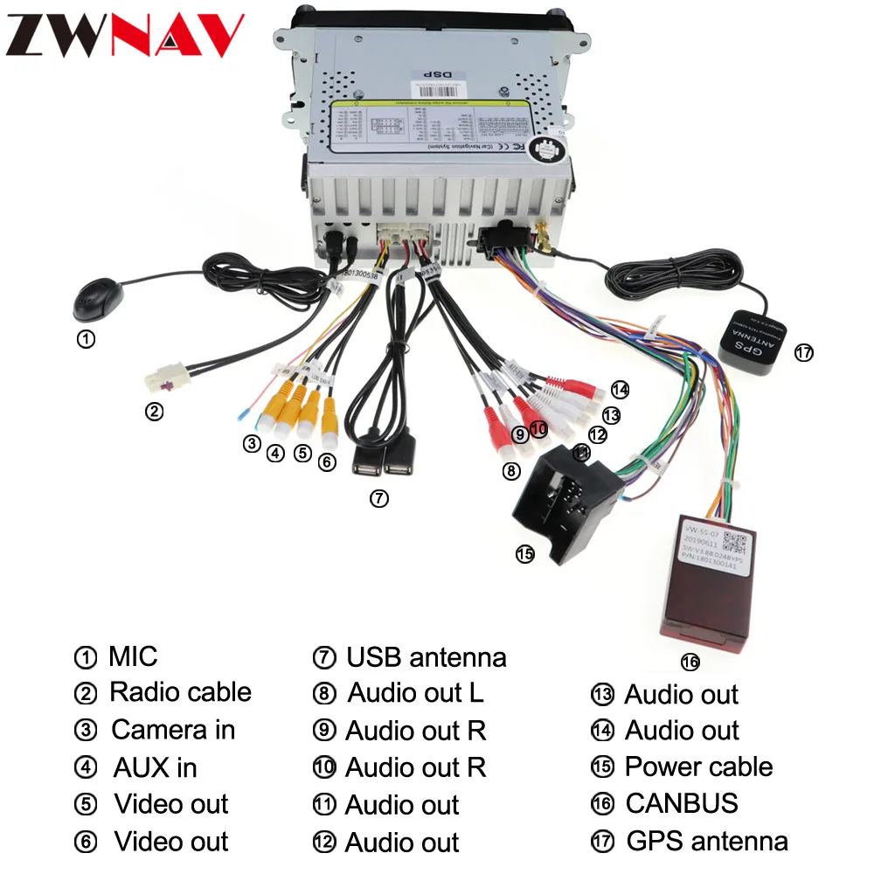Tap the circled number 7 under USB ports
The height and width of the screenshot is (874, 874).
[378, 498]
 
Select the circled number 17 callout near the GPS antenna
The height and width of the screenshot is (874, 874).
[803, 353]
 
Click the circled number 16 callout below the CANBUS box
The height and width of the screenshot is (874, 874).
[690, 662]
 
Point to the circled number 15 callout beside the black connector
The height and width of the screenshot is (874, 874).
[524, 553]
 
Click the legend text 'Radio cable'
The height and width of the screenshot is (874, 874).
[180, 692]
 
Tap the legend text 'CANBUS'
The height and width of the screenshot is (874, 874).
[681, 803]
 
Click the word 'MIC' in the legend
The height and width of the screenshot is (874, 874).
[133, 655]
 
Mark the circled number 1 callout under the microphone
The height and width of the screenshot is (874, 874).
[86, 339]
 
